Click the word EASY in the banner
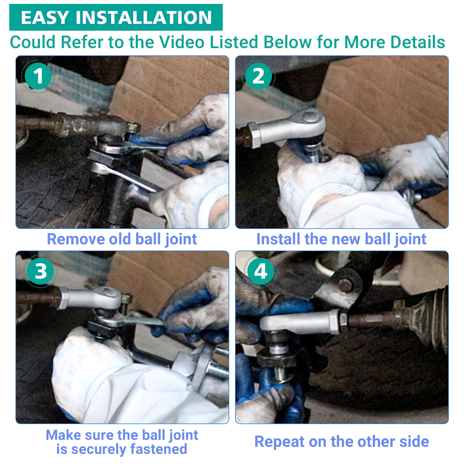tap(44, 17)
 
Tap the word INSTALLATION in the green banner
tap(144, 17)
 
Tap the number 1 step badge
tap(38, 76)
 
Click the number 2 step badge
tap(258, 76)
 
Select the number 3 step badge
tap(41, 271)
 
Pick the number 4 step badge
tap(261, 271)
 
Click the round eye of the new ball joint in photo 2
tap(309, 115)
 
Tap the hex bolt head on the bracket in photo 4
tap(346, 285)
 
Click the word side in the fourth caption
tap(414, 441)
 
